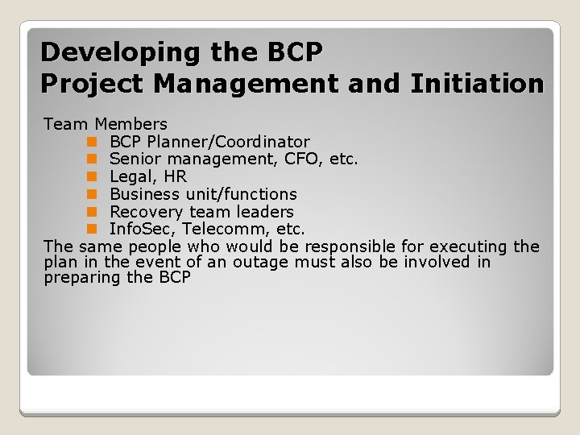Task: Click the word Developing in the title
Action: [x=108, y=52]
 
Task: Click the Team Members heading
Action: [x=106, y=124]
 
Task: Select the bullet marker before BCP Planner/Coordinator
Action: [x=92, y=142]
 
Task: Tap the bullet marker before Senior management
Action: [x=92, y=159]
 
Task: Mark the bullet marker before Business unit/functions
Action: [x=92, y=195]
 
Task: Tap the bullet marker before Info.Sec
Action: [x=92, y=230]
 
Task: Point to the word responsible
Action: [x=354, y=246]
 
